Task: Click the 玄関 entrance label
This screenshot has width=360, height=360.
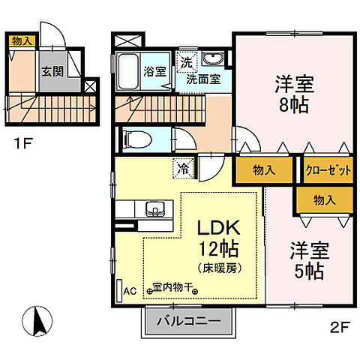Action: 51,72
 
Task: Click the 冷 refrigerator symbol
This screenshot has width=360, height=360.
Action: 182,169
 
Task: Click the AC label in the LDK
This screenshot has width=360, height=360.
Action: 129,292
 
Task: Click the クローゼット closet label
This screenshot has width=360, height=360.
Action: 328,170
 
